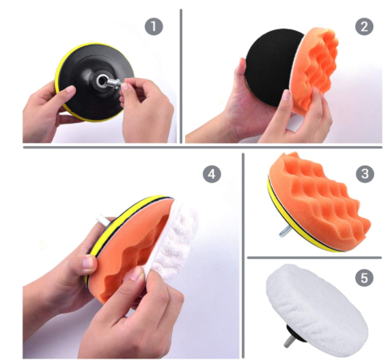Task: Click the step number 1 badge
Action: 154,27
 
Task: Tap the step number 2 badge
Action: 363,27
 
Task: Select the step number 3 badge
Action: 365,174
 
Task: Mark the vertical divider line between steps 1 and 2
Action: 181,75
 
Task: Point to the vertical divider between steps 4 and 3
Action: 243,253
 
